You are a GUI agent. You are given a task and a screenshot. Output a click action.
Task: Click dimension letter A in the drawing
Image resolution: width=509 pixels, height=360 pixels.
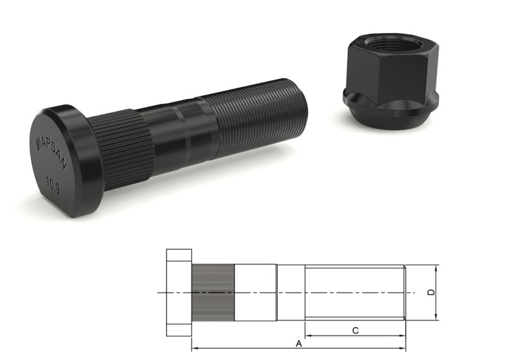(298, 343)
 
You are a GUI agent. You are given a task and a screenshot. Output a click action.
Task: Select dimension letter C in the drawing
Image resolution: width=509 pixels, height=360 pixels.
(355, 331)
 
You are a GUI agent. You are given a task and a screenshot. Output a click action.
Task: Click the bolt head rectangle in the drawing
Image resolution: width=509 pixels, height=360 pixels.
(179, 292)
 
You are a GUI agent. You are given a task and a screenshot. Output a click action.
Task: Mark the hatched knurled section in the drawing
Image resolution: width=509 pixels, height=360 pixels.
(212, 292)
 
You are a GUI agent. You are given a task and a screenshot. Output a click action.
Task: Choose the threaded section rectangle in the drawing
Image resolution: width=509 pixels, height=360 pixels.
(354, 292)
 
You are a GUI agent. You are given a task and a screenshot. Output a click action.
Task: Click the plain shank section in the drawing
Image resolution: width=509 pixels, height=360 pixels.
(255, 292)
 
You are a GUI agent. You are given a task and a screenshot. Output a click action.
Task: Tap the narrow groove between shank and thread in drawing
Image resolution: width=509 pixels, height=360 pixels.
(290, 292)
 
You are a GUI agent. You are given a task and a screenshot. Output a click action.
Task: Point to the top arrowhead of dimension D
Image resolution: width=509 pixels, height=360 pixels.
(437, 268)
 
